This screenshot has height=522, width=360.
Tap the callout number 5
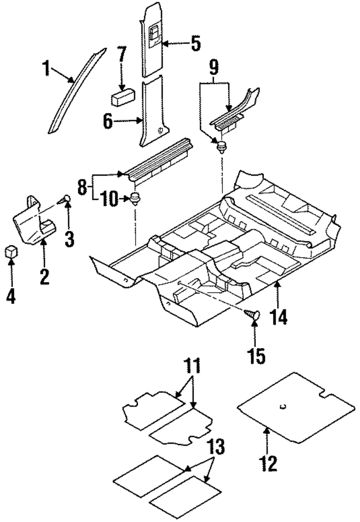(196, 43)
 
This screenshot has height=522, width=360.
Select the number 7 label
(122, 54)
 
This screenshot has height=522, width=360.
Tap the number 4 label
(11, 296)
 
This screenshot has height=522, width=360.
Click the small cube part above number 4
(11, 252)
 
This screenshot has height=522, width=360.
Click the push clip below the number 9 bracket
(221, 147)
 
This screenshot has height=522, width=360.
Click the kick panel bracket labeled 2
(35, 220)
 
